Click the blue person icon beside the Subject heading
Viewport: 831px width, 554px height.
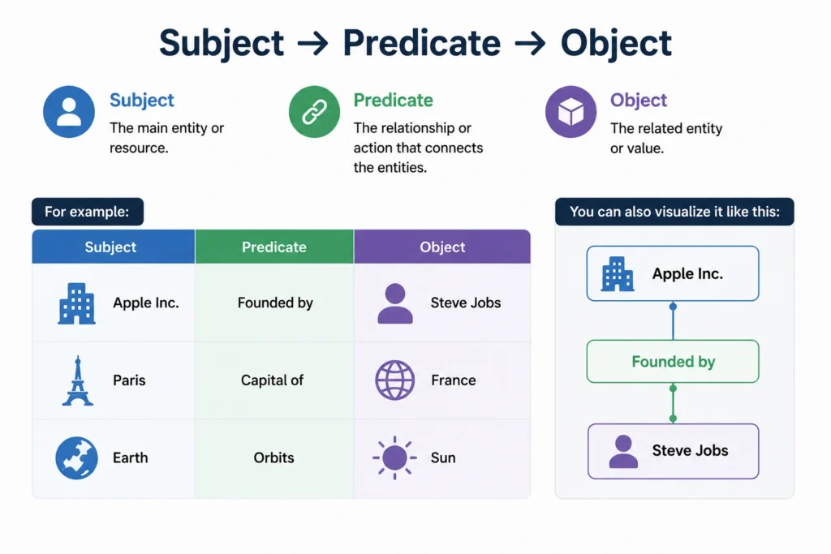coord(69,112)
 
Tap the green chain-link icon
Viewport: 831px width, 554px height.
coord(314,112)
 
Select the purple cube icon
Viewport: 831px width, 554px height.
coord(571,112)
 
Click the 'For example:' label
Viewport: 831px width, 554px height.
coord(88,212)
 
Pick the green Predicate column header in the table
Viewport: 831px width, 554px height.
coord(274,247)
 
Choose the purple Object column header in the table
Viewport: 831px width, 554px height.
coord(442,247)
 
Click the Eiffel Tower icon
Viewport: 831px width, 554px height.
coord(77,380)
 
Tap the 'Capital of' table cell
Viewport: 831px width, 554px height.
coord(273,380)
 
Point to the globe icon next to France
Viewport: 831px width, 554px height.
coord(395,380)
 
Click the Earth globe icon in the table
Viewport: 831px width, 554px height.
coord(77,457)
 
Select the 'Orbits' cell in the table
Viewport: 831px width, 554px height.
coord(274,457)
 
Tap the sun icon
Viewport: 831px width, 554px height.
coord(395,457)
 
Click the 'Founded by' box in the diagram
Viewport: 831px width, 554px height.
coord(673,361)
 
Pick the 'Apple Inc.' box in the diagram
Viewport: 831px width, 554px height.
coord(673,273)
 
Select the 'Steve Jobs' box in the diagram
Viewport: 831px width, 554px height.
coord(673,451)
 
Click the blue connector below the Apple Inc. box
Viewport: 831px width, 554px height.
coord(673,321)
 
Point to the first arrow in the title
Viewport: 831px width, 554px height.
coord(312,44)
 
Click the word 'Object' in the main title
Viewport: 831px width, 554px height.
coord(617,44)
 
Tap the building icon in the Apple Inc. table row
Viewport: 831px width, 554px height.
coord(77,303)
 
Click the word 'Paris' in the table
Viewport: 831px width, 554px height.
coord(129,380)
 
